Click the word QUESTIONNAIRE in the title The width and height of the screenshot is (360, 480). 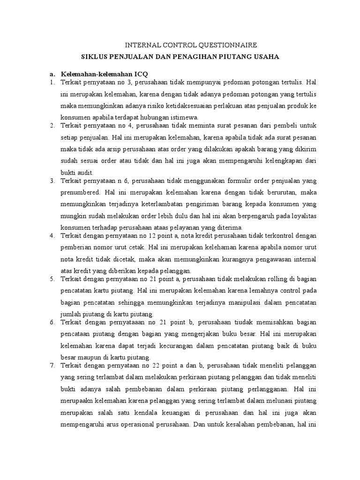[x=225, y=45]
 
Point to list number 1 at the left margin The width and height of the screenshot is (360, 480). [x=52, y=82]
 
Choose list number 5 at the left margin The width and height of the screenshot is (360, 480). [x=52, y=280]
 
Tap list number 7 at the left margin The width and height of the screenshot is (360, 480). [x=52, y=365]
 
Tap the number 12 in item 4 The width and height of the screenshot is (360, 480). [x=150, y=235]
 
